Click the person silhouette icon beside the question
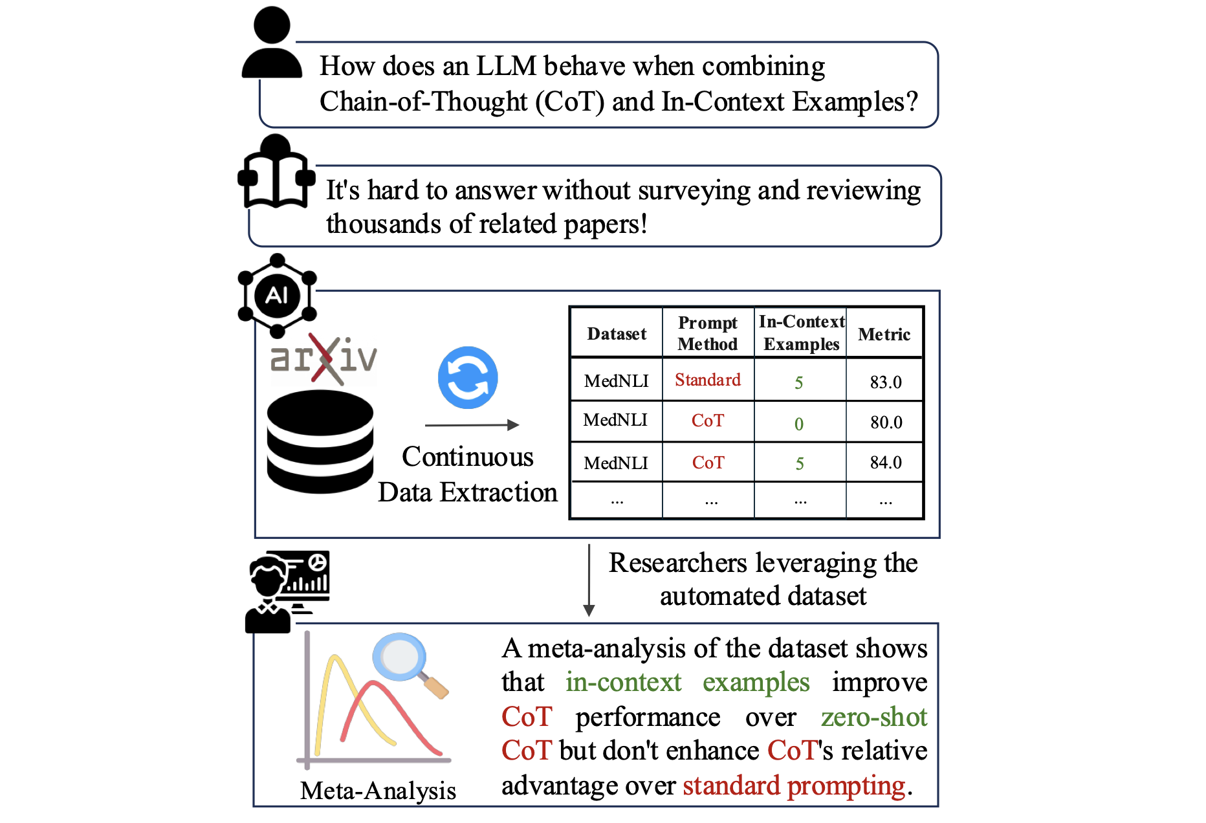(272, 42)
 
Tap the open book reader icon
(276, 171)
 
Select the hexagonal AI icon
(277, 296)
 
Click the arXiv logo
(323, 358)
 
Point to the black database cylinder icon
(320, 442)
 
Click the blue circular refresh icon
(468, 378)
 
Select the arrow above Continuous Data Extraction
(472, 425)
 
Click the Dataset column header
(617, 334)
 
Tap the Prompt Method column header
(708, 333)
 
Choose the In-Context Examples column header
(802, 333)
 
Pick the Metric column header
(884, 335)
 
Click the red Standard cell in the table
(708, 380)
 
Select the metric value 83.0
(886, 382)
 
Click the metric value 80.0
(886, 422)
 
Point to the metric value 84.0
(886, 462)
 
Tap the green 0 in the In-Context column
(799, 424)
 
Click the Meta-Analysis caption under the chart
(378, 791)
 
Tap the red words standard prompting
(794, 785)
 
